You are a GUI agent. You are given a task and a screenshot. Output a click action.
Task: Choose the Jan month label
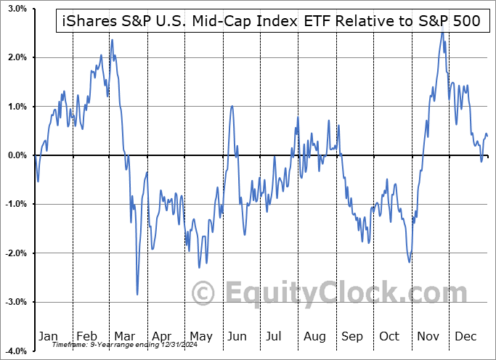48,336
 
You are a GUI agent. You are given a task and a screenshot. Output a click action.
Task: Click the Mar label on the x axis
126,336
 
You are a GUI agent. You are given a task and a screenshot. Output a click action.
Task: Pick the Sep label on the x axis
352,336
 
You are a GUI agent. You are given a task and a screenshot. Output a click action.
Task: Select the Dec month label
465,336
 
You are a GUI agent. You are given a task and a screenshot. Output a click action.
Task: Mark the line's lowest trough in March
137,294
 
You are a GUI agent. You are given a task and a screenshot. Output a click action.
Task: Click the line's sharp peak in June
232,106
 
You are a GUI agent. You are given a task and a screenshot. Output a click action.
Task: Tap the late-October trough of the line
410,261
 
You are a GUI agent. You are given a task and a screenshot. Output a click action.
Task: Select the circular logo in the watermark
203,292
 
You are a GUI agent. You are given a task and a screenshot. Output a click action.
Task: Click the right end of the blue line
487,136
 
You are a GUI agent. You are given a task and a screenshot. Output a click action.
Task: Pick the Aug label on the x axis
314,336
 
